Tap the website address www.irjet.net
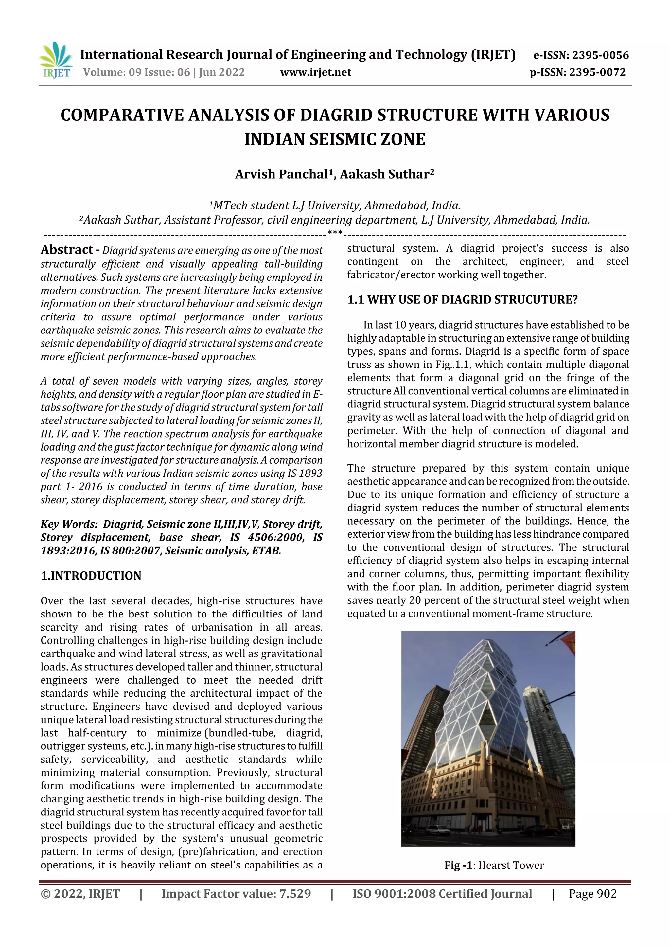315,72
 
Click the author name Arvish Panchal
281,174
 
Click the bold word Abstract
66,250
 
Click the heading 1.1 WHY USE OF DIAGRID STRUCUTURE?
462,299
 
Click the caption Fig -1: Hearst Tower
494,865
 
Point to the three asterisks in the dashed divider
334,233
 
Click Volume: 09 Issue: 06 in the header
136,72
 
